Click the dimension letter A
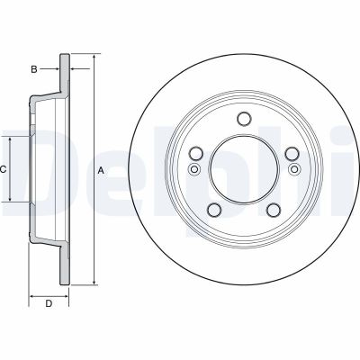pos(101,170)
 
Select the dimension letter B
pos(33,68)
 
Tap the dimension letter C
pos(3,169)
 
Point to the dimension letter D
pos(49,304)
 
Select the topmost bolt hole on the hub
pos(243,119)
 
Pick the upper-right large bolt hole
pos(291,153)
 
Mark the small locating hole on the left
pos(193,168)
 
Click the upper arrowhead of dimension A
pos(94,58)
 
